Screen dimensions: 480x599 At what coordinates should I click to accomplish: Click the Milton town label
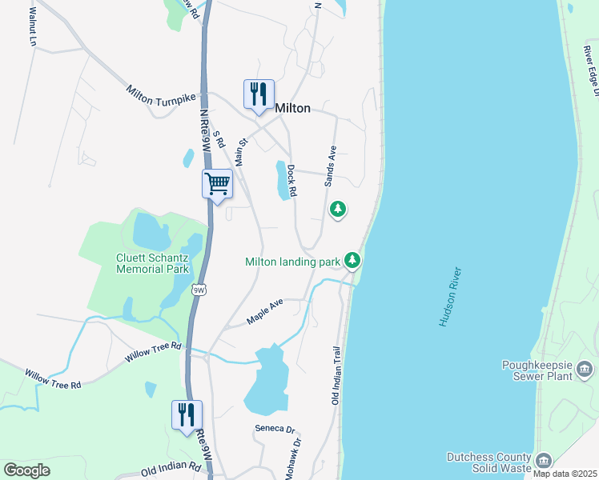[x=292, y=108]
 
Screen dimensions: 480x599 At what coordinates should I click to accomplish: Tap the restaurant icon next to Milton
[x=259, y=94]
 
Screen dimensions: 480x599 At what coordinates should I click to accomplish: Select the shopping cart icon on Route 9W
[x=217, y=184]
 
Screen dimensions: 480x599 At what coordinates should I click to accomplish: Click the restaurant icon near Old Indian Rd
[x=187, y=415]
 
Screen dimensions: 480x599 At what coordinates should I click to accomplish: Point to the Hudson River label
[x=452, y=296]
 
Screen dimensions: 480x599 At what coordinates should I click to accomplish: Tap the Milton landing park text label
[x=293, y=262]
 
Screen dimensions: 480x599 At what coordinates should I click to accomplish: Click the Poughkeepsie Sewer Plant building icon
[x=585, y=369]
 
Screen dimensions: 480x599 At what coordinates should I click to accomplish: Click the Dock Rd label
[x=292, y=182]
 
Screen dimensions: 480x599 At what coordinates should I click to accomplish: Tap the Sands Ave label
[x=330, y=166]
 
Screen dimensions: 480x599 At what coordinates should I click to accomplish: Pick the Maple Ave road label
[x=265, y=312]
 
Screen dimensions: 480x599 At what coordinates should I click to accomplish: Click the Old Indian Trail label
[x=336, y=375]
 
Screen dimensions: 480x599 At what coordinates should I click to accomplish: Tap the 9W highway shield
[x=199, y=290]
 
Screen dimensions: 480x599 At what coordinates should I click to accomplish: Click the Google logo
[x=26, y=470]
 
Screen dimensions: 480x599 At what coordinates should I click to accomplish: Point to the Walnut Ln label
[x=33, y=26]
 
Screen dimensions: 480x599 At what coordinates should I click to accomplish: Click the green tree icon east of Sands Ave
[x=338, y=210]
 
